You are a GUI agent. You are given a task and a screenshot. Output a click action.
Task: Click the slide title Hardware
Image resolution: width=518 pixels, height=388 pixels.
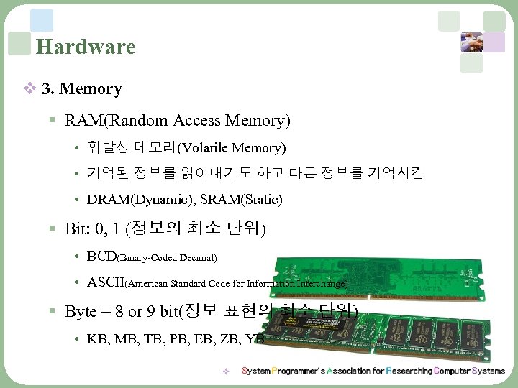coord(86,47)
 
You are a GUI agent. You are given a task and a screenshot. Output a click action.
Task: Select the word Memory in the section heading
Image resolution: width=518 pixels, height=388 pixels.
coord(91,89)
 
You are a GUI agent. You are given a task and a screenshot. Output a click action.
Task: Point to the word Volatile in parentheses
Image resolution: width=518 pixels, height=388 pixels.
coord(208,149)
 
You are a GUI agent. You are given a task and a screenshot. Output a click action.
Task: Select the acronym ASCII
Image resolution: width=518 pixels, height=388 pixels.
coord(106,283)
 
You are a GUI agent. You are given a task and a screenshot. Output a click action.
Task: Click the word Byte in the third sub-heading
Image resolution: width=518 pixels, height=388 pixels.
coord(81,312)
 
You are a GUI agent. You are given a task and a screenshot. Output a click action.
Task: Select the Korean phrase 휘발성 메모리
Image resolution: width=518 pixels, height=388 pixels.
coord(132,149)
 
